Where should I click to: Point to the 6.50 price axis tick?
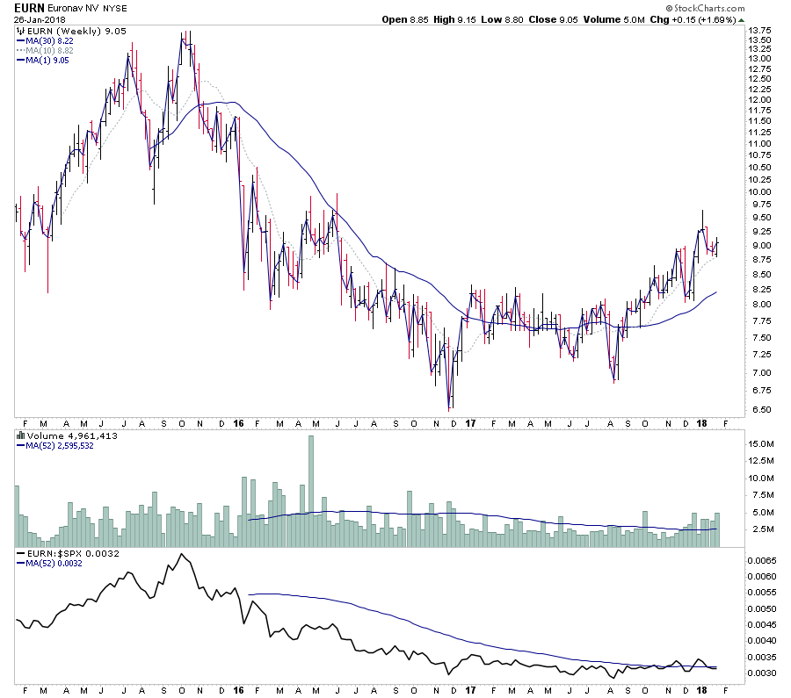tap(757, 410)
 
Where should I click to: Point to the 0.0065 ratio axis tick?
tap(761, 559)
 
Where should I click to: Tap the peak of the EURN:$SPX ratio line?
tap(181, 554)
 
